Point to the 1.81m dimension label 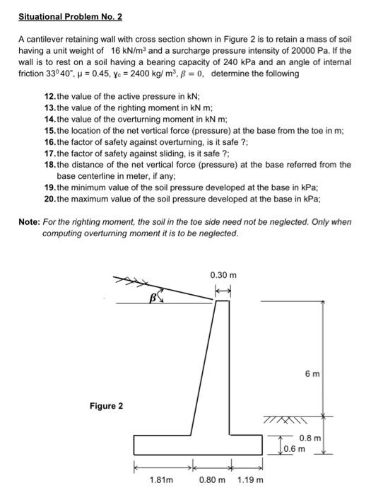(162, 481)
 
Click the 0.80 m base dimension (211, 481)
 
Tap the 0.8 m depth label (310, 438)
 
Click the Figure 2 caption (106, 406)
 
